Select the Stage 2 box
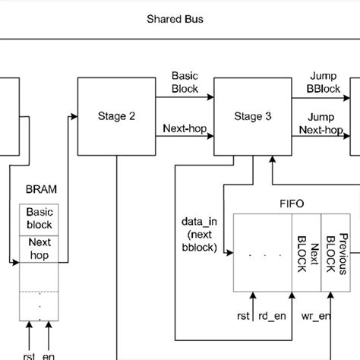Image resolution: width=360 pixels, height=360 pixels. tap(116, 116)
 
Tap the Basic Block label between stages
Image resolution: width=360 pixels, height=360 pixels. tap(185, 82)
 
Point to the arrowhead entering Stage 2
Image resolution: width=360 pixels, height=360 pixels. tap(74, 116)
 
